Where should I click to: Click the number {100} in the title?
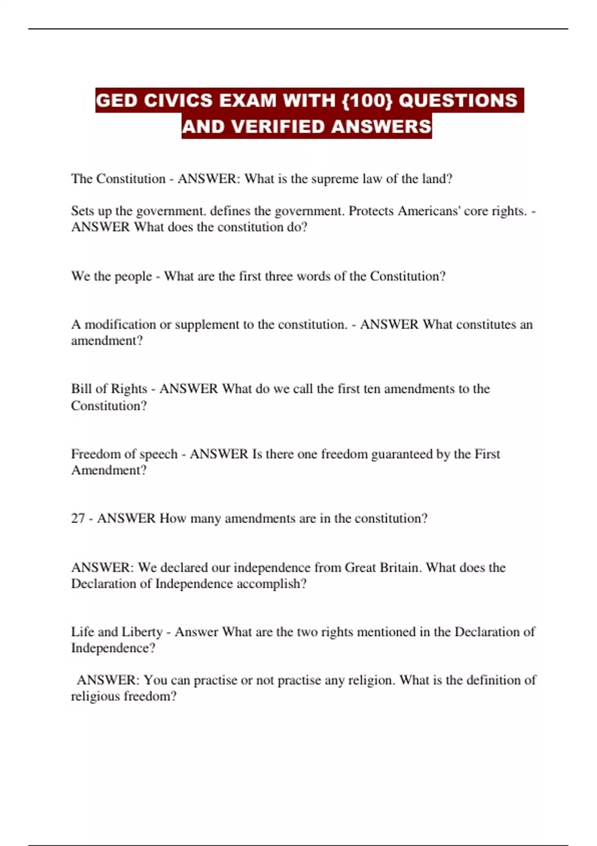pyautogui.click(x=368, y=101)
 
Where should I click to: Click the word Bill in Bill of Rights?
pyautogui.click(x=80, y=389)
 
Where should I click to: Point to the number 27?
pyautogui.click(x=78, y=519)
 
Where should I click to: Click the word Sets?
pyautogui.click(x=82, y=211)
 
